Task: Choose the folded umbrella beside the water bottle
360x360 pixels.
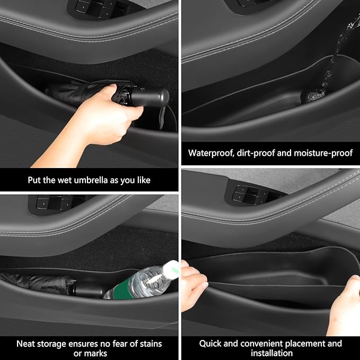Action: [48, 285]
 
